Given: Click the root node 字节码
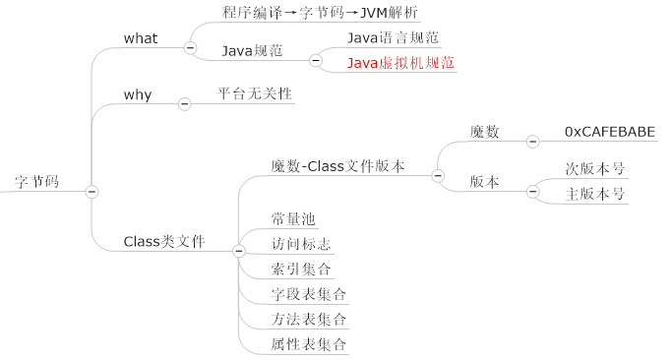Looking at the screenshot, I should pyautogui.click(x=36, y=182).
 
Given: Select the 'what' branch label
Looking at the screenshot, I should pyautogui.click(x=141, y=38).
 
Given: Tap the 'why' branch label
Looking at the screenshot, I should pyautogui.click(x=138, y=94).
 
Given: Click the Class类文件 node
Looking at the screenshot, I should pyautogui.click(x=163, y=241).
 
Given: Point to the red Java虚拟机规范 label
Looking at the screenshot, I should pyautogui.click(x=401, y=62).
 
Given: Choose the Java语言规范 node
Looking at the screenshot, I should pyautogui.click(x=393, y=37).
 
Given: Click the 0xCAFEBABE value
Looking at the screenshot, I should pyautogui.click(x=609, y=131).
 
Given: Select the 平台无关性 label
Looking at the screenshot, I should pyautogui.click(x=255, y=94).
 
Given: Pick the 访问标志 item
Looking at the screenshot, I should pyautogui.click(x=301, y=243).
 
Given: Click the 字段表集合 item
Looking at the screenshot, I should pyautogui.click(x=309, y=294).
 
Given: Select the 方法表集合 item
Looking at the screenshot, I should pyautogui.click(x=309, y=320).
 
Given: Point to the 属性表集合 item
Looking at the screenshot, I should pyautogui.click(x=309, y=344).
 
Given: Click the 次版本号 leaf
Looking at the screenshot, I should pyautogui.click(x=595, y=168).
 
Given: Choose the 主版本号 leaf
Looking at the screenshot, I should pyautogui.click(x=595, y=194).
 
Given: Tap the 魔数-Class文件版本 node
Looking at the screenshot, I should pyautogui.click(x=337, y=166).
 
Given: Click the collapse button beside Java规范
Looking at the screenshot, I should pyautogui.click(x=316, y=60).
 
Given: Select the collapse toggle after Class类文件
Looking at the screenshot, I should pyautogui.click(x=238, y=252).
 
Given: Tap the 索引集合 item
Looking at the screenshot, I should pyautogui.click(x=301, y=269).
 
